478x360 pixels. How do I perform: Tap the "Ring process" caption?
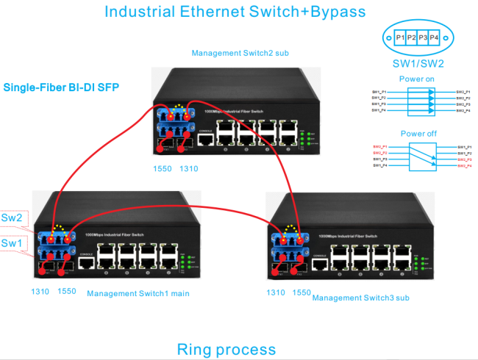[x=226, y=349]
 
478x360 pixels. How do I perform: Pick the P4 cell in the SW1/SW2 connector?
[x=434, y=37]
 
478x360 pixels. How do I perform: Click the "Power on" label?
[x=416, y=78]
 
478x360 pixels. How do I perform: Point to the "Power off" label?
[x=416, y=134]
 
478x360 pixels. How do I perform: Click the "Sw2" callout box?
[x=15, y=218]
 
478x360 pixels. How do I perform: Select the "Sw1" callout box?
[x=15, y=242]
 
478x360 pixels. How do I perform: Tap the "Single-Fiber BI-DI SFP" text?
[x=62, y=87]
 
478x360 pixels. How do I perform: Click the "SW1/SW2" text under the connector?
[x=416, y=64]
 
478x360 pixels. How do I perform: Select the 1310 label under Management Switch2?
[x=189, y=169]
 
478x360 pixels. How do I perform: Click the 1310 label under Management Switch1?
[x=40, y=292]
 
